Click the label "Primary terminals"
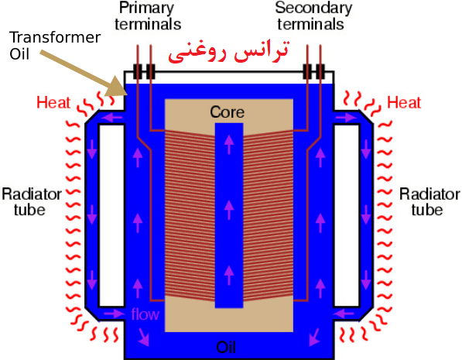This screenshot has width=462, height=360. pyautogui.click(x=148, y=16)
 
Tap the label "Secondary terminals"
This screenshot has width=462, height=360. pyautogui.click(x=313, y=16)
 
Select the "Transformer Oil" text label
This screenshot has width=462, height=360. pyautogui.click(x=55, y=46)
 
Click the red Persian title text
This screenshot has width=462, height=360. pyautogui.click(x=228, y=51)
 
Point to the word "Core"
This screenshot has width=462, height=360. pyautogui.click(x=228, y=112)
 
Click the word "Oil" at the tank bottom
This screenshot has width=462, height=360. pyautogui.click(x=226, y=347)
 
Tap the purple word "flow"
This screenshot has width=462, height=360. pyautogui.click(x=145, y=314)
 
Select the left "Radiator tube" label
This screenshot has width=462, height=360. pyautogui.click(x=32, y=202)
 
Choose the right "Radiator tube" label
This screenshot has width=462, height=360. pyautogui.click(x=429, y=202)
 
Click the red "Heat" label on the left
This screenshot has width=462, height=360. pyautogui.click(x=53, y=103)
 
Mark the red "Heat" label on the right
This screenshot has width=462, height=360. pyautogui.click(x=404, y=103)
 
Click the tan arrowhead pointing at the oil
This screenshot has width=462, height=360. pyautogui.click(x=117, y=87)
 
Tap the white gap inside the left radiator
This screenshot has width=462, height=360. pyautogui.click(x=111, y=215)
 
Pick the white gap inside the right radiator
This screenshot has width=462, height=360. pyautogui.click(x=347, y=215)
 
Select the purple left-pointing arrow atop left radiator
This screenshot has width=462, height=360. pyautogui.click(x=111, y=118)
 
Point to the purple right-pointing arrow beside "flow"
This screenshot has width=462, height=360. pyautogui.click(x=115, y=313)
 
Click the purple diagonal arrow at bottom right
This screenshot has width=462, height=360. pyautogui.click(x=314, y=337)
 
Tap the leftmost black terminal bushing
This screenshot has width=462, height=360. pyautogui.click(x=137, y=71)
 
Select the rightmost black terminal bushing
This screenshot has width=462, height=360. pyautogui.click(x=320, y=71)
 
